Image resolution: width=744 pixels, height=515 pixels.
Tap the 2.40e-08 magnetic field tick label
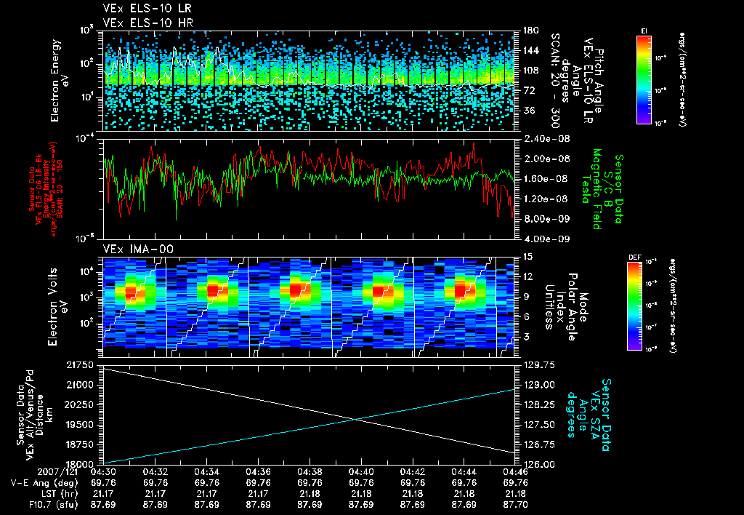(x=540, y=139)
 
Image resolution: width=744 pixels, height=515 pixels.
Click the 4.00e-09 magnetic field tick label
(x=540, y=239)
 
